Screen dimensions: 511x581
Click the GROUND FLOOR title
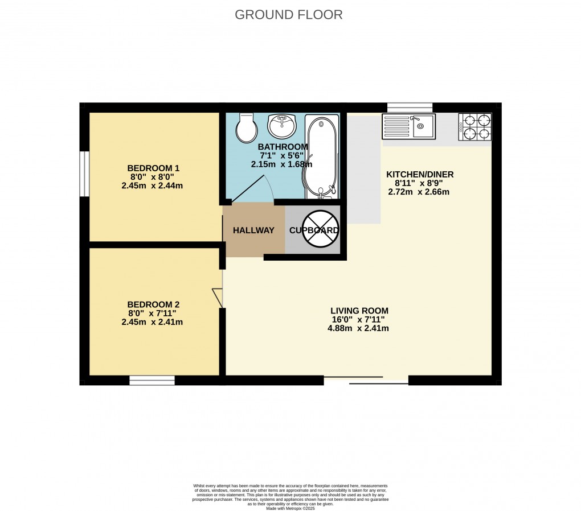(x=289, y=15)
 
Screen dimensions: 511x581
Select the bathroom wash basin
(x=282, y=126)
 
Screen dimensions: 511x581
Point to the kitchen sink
(x=408, y=126)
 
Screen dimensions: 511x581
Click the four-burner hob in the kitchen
(x=475, y=127)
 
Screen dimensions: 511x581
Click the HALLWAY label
(x=253, y=230)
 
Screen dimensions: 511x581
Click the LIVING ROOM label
(x=359, y=311)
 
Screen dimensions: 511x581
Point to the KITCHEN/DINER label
(x=420, y=174)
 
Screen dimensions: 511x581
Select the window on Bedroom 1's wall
(x=84, y=174)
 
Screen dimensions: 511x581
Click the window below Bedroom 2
(x=152, y=380)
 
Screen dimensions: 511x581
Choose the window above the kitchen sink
(x=410, y=107)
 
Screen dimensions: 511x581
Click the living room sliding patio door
(x=366, y=380)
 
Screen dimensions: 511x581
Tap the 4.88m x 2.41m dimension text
(x=359, y=328)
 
